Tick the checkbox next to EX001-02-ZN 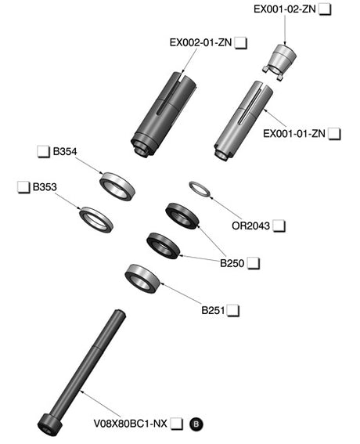pyautogui.click(x=325, y=9)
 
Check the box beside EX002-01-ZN pyautogui.click(x=241, y=43)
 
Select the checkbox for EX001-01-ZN pyautogui.click(x=334, y=134)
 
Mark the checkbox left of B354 pyautogui.click(x=44, y=152)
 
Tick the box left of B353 pyautogui.click(x=23, y=187)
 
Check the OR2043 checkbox pyautogui.click(x=279, y=226)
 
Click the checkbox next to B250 pyautogui.click(x=254, y=263)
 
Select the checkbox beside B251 pyautogui.click(x=233, y=311)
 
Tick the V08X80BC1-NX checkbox pyautogui.click(x=177, y=424)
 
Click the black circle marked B pyautogui.click(x=196, y=424)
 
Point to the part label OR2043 pyautogui.click(x=250, y=226)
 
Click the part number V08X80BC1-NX pyautogui.click(x=130, y=424)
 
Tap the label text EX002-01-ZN pyautogui.click(x=200, y=43)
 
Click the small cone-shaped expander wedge pyautogui.click(x=280, y=62)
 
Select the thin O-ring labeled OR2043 pyautogui.click(x=200, y=190)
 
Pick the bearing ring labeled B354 pyautogui.click(x=117, y=186)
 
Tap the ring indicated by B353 pyautogui.click(x=96, y=220)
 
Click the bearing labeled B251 pyautogui.click(x=142, y=277)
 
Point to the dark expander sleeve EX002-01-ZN pyautogui.click(x=164, y=114)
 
